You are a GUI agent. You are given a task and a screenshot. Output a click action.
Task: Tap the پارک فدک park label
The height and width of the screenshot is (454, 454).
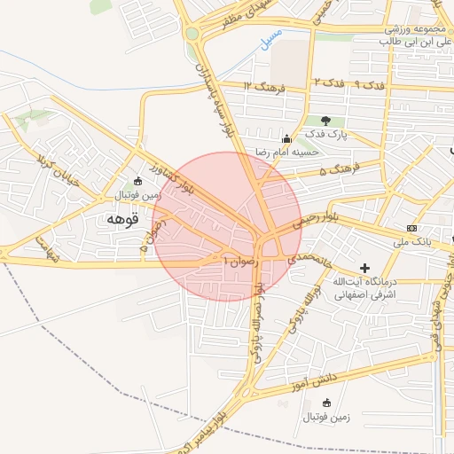click(x=327, y=134)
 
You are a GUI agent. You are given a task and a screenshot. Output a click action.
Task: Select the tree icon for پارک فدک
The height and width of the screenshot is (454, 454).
click(x=325, y=120)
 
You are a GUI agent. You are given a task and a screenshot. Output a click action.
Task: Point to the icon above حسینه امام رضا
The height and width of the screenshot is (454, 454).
click(x=286, y=138)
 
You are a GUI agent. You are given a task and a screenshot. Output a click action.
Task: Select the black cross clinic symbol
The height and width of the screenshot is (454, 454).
click(x=364, y=267)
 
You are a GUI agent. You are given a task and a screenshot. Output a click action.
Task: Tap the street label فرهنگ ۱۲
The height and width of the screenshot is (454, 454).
click(x=264, y=86)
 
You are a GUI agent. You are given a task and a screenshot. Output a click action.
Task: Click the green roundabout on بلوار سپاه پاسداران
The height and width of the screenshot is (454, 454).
click(x=192, y=35)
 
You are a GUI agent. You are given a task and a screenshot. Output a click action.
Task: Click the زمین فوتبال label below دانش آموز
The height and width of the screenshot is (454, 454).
click(x=325, y=416)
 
